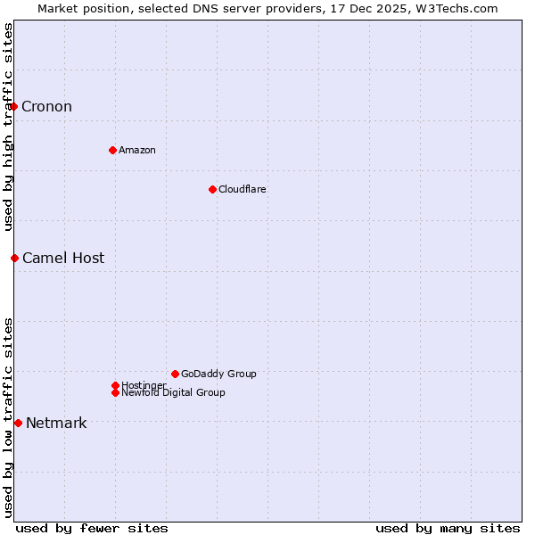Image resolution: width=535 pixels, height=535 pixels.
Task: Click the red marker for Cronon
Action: click(13, 107)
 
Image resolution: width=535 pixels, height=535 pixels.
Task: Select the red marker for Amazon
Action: click(112, 150)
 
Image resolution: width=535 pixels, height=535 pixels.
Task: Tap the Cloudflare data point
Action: click(212, 189)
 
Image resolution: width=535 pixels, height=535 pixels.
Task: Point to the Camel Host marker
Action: click(14, 259)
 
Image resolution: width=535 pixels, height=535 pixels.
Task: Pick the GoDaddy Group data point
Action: click(175, 374)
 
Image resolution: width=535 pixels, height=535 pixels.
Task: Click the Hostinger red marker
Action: click(115, 385)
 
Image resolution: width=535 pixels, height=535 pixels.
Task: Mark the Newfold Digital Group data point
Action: click(115, 392)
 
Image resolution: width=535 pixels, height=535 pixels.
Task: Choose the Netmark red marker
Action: click(18, 423)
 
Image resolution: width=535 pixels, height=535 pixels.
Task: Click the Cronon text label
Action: click(46, 107)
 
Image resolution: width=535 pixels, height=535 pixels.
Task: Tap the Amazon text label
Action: click(137, 150)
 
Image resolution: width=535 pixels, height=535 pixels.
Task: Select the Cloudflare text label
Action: click(243, 189)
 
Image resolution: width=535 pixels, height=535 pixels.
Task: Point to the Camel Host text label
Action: click(63, 259)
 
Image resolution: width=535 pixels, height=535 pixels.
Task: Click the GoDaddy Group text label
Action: click(218, 374)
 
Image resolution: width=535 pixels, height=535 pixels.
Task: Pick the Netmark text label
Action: click(56, 423)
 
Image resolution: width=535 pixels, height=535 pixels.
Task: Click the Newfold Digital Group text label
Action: click(173, 392)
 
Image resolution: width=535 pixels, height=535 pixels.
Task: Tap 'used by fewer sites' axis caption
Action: click(92, 528)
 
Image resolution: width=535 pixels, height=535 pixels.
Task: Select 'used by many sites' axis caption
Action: click(448, 528)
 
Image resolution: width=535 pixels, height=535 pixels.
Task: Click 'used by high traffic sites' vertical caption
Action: click(8, 127)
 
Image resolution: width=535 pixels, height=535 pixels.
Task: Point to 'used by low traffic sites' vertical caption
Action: click(8, 417)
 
